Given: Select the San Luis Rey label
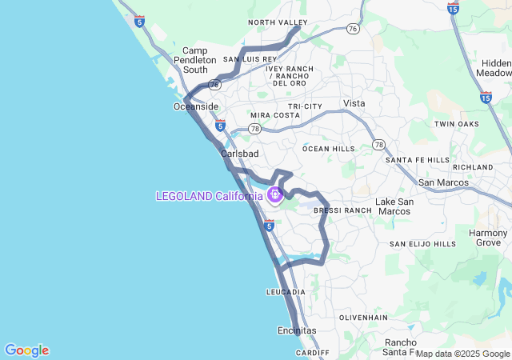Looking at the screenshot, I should (250, 59).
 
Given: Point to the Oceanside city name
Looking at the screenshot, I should (195, 106).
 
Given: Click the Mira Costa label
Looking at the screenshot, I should (275, 115).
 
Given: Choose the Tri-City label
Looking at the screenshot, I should (306, 106).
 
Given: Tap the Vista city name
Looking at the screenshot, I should (354, 103).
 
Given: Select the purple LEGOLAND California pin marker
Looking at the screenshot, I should (274, 194).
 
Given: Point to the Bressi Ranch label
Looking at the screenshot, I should (342, 210).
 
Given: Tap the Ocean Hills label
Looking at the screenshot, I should (329, 149).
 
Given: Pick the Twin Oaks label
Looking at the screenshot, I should (456, 124).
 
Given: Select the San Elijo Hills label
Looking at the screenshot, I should (422, 244).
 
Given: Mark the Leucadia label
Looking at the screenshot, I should (286, 292).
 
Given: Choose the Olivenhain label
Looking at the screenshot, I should (363, 318).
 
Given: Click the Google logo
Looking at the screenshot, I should (26, 350).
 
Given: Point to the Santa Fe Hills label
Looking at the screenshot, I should (418, 160).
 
